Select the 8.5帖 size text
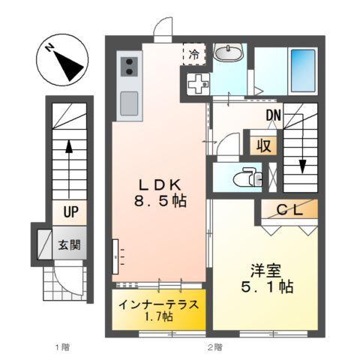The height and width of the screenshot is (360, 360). (x=158, y=202)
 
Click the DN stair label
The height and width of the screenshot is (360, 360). (x=272, y=115)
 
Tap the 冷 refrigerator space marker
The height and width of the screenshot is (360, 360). (x=193, y=54)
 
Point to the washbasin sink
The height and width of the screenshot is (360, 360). (x=226, y=53)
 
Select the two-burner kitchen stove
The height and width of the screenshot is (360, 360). (x=128, y=64)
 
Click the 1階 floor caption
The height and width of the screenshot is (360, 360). (x=62, y=347)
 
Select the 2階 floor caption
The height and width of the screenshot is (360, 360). (x=215, y=347)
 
